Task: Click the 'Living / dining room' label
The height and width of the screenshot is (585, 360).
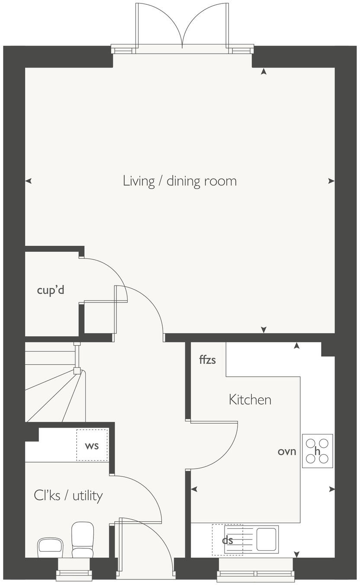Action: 180,181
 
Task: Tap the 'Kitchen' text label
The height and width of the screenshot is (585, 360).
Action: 250,399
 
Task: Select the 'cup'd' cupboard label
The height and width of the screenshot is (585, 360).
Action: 51,290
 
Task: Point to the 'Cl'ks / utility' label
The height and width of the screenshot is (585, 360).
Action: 68,495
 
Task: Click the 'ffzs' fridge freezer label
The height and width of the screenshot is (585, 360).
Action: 207,359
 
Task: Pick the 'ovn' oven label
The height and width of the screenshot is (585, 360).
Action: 287,451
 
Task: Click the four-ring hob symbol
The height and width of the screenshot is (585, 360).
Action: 317,451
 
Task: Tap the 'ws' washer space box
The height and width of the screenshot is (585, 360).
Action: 92,445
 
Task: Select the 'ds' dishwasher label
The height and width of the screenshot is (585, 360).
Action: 227,540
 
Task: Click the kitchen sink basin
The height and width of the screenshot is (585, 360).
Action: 267,539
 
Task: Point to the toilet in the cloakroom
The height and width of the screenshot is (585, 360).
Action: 82,539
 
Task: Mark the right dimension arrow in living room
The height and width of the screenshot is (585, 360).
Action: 331,181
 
